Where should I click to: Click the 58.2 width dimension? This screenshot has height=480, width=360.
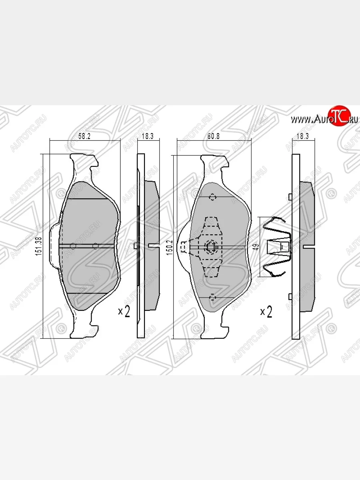click(84, 136)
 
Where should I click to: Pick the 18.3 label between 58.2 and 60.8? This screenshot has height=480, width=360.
click(148, 136)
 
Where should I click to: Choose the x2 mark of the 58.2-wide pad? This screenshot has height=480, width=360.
click(124, 312)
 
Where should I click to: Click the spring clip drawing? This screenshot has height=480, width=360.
click(277, 247)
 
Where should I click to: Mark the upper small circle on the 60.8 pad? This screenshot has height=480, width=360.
click(212, 197)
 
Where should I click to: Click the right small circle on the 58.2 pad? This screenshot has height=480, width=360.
click(95, 246)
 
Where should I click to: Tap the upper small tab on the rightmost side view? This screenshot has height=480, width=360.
click(290, 196)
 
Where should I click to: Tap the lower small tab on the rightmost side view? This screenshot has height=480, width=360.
click(290, 296)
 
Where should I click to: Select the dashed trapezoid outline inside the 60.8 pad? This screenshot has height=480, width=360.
click(211, 228)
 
